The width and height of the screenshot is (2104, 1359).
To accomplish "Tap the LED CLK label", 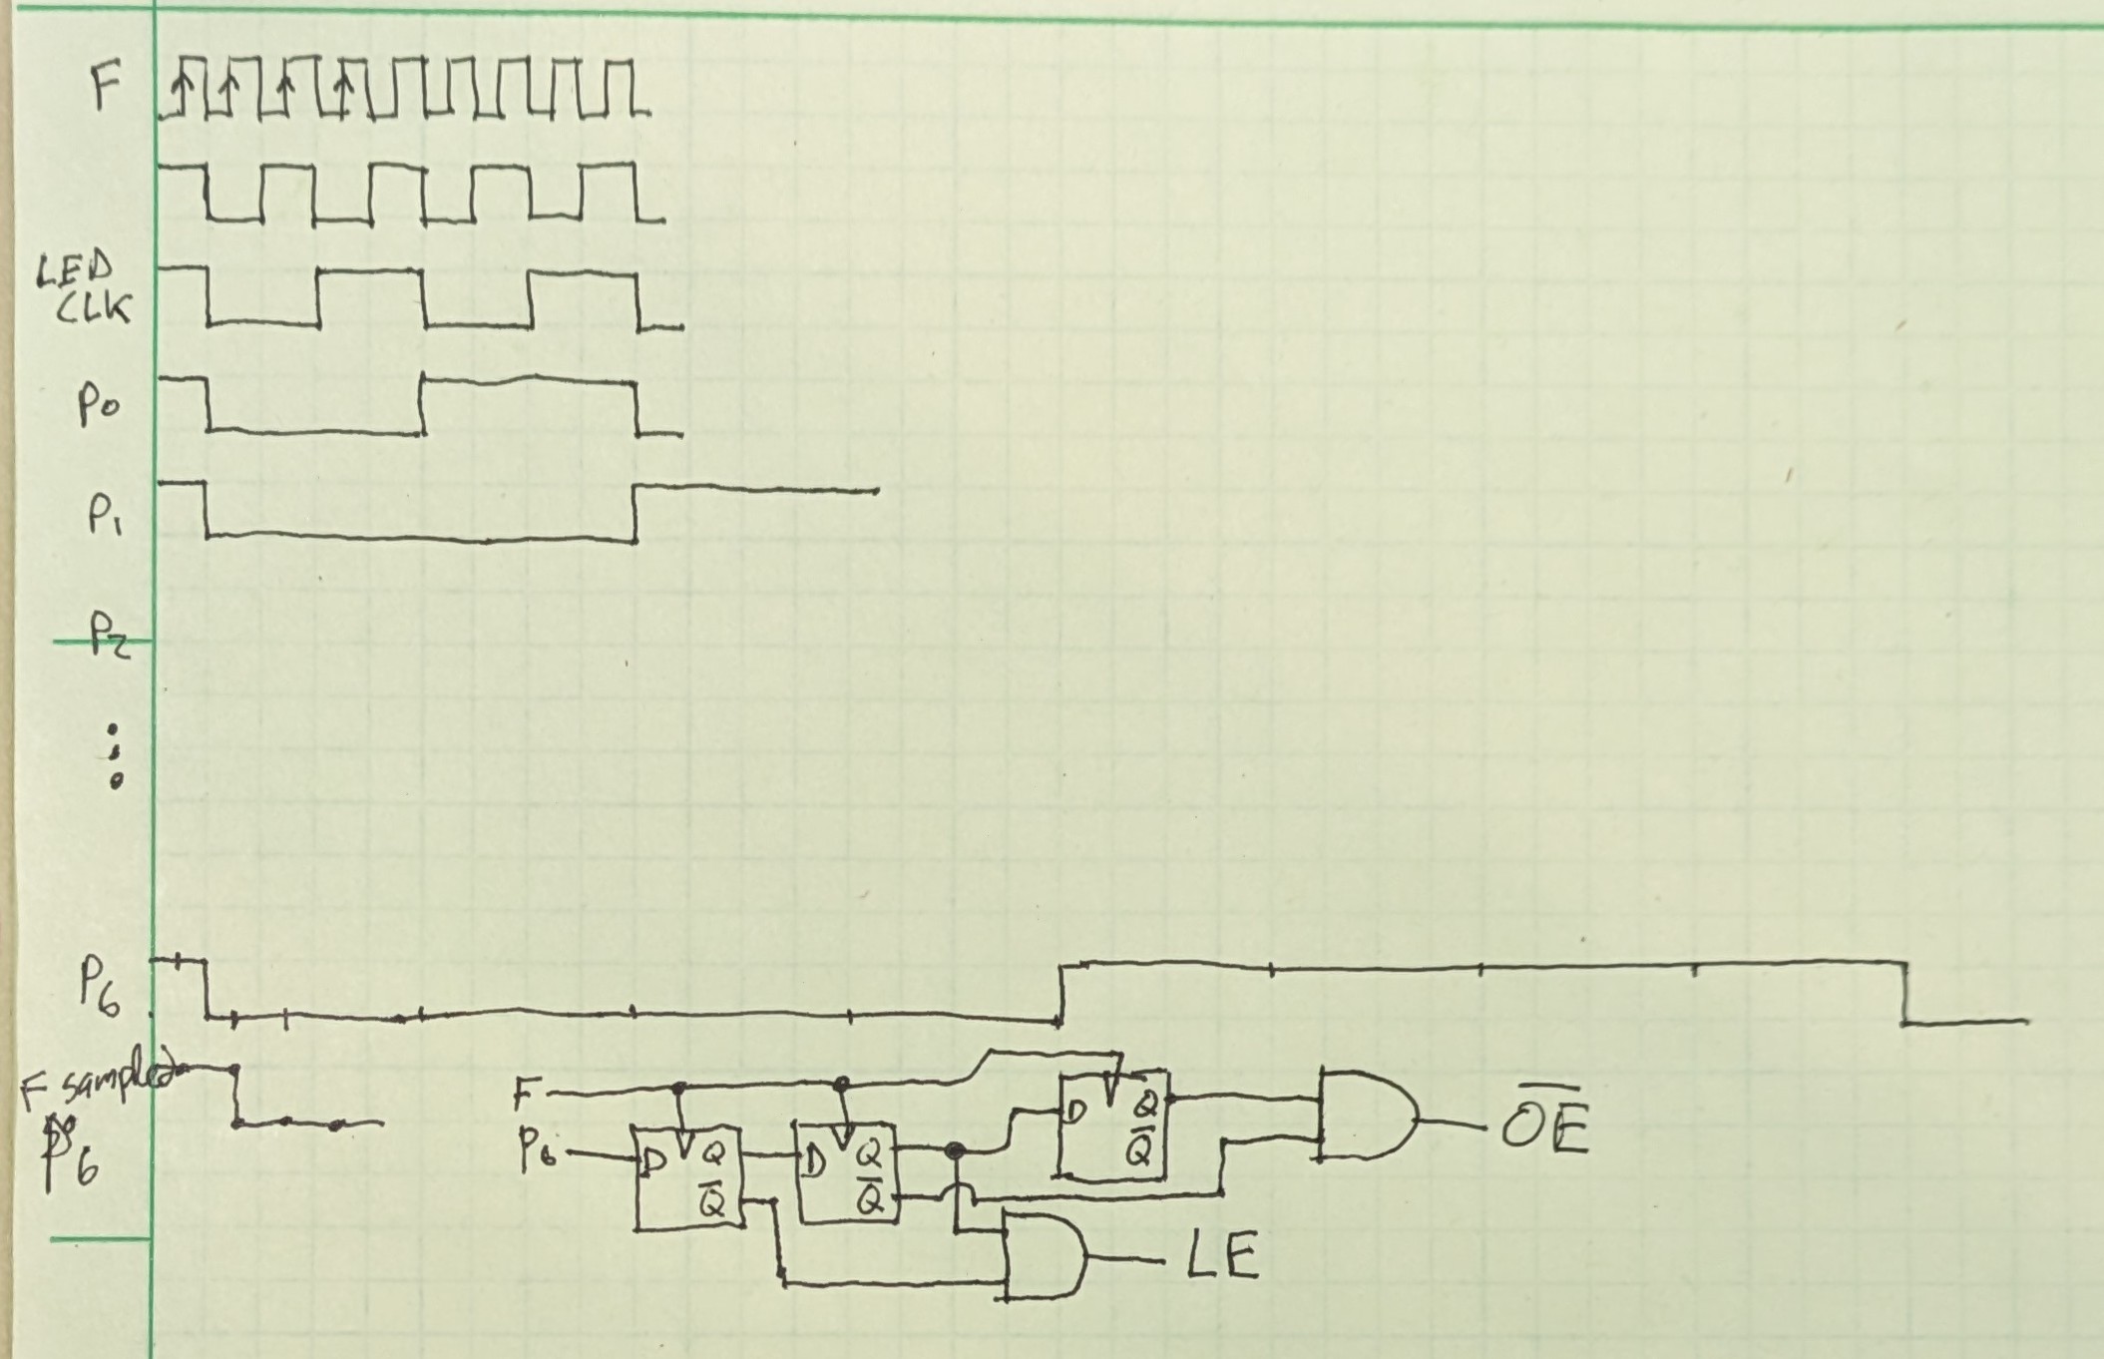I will pyautogui.click(x=86, y=290).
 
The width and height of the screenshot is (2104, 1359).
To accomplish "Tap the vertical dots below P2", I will pyautogui.click(x=116, y=763).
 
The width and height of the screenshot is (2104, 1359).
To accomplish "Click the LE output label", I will pyautogui.click(x=1223, y=1256).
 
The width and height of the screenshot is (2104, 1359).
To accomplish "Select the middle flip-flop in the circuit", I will pyautogui.click(x=846, y=1171).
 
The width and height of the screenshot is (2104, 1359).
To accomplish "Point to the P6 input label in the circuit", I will pyautogui.click(x=538, y=1154).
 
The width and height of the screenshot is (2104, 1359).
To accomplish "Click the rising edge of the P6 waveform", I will pyautogui.click(x=1060, y=992).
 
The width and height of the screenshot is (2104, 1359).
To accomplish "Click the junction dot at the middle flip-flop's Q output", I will pyautogui.click(x=956, y=1151).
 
